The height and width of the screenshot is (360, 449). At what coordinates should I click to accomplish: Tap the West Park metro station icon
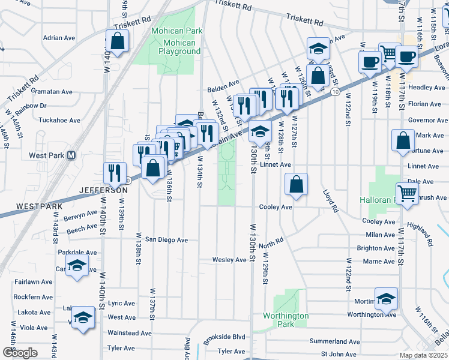click(71, 155)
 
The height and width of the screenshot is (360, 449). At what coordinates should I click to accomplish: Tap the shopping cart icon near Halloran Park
click(408, 193)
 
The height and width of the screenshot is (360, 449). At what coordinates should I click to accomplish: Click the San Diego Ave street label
click(166, 240)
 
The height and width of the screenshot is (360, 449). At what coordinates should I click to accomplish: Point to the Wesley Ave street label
click(229, 260)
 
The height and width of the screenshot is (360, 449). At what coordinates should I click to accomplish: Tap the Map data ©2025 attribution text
click(423, 355)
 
